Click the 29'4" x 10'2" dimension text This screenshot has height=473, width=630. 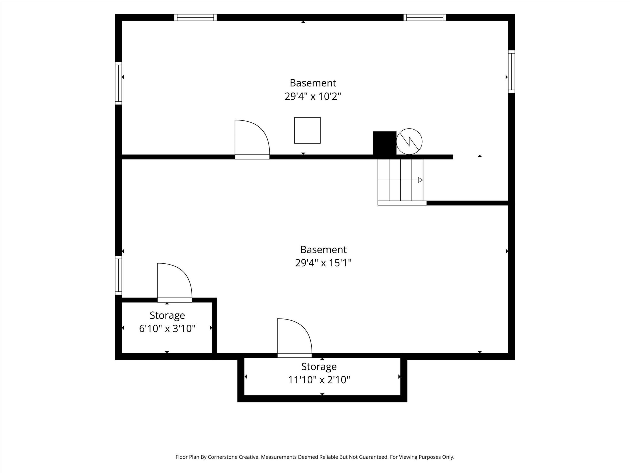point(313,96)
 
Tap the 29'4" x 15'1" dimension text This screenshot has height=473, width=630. point(323,263)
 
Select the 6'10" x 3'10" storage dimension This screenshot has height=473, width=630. point(167,329)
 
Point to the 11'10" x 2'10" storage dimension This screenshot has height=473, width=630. point(319,380)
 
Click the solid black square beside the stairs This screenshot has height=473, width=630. point(384,143)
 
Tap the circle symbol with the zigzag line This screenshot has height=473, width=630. point(409,141)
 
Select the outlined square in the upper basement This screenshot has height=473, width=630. point(307,130)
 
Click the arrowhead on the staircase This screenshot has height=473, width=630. point(420,180)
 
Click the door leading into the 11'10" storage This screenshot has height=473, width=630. point(295,338)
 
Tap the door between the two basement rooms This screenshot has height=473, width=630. point(252,139)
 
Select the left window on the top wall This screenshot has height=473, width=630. point(195,17)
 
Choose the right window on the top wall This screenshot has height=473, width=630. point(425,17)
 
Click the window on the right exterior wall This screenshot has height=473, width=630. point(512,71)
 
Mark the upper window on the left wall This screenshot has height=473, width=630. point(118,83)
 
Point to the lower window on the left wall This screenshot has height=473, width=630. point(118,275)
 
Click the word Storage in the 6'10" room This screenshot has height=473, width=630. point(167,315)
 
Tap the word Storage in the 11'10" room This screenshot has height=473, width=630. point(319,366)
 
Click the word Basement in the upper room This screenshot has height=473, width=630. point(313,83)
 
